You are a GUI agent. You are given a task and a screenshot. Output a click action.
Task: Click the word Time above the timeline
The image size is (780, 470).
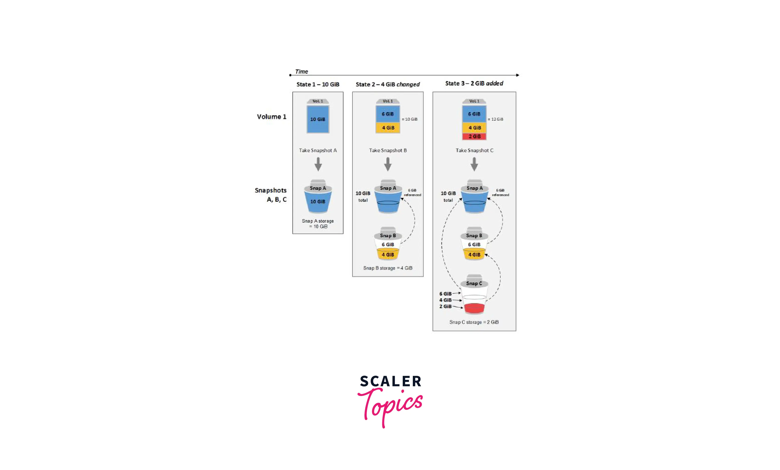click(x=301, y=72)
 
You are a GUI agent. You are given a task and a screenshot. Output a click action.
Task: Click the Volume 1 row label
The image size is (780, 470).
click(x=272, y=117)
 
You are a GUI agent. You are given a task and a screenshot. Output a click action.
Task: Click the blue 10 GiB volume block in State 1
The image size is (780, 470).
click(x=318, y=119)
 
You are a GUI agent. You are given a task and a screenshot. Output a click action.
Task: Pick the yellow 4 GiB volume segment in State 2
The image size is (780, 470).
click(x=388, y=127)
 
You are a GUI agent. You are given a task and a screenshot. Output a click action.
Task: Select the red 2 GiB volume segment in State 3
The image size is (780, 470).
click(x=474, y=136)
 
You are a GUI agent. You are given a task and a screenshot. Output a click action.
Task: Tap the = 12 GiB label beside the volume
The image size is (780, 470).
click(x=495, y=119)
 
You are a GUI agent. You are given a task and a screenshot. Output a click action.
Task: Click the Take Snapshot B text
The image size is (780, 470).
click(x=388, y=150)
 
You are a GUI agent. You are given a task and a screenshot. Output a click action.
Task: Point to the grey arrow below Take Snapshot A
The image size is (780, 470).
click(x=318, y=164)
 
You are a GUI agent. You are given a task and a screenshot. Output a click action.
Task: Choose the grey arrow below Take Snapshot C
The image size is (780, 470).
click(x=474, y=164)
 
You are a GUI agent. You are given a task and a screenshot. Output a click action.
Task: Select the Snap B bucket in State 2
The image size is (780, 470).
click(x=388, y=244)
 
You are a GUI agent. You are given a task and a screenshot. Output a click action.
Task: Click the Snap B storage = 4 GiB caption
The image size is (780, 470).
click(x=388, y=268)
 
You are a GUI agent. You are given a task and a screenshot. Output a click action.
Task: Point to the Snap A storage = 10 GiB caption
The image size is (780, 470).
click(x=318, y=224)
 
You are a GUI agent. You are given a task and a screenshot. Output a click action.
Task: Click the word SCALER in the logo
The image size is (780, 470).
click(x=391, y=381)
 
